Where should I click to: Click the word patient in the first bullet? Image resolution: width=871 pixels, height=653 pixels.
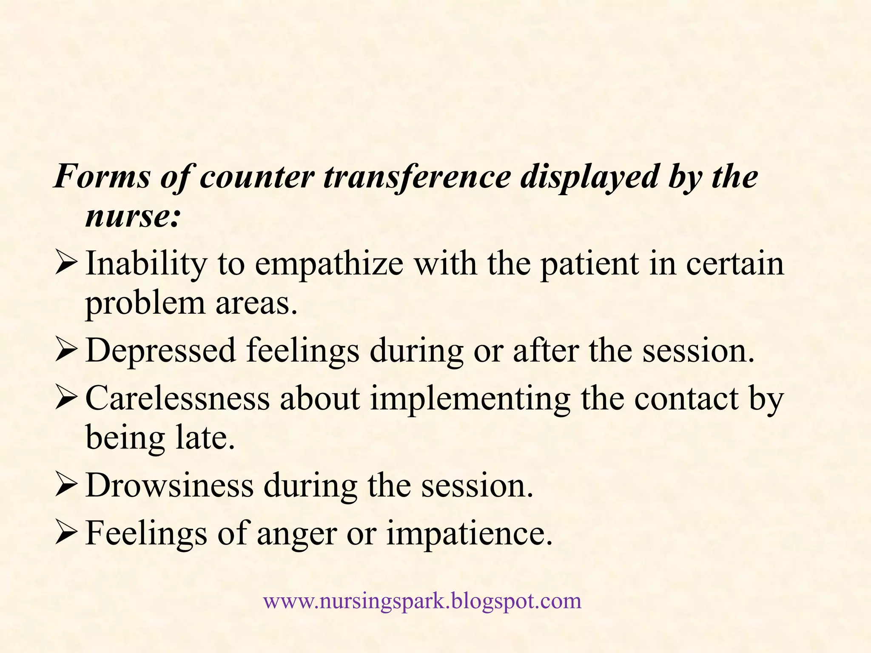589,264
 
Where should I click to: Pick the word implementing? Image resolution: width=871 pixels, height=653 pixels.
470,399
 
